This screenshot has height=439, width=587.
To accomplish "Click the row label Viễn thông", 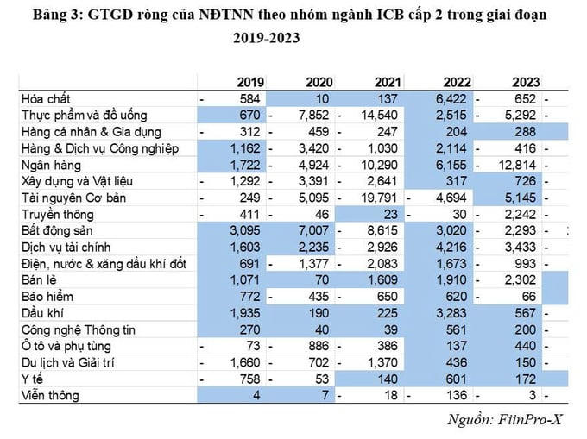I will [x=50, y=396].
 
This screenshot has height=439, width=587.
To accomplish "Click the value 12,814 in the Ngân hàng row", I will [x=518, y=164].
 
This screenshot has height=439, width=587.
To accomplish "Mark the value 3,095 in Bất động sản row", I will [x=247, y=230].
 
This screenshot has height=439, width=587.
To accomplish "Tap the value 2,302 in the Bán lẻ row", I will [x=521, y=280].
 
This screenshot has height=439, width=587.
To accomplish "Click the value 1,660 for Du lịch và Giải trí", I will [x=247, y=363].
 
